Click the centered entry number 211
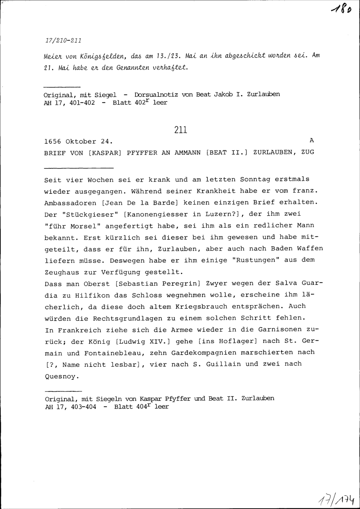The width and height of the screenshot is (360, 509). click(x=180, y=130)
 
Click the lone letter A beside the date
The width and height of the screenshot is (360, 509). click(x=311, y=140)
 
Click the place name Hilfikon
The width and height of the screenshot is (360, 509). click(x=91, y=295)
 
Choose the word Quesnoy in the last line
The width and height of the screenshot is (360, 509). click(x=60, y=377)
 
